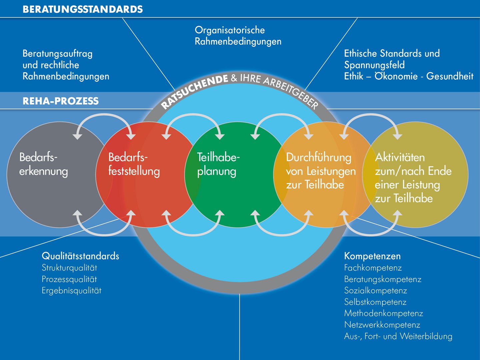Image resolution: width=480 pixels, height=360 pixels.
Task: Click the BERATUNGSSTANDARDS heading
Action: point(83,9)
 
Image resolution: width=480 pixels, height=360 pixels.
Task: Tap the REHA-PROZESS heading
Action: point(61,101)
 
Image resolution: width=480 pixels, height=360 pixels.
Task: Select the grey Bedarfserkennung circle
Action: point(60,174)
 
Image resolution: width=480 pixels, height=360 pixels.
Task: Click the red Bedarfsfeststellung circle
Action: point(149,174)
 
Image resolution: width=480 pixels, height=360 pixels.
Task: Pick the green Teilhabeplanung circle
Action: point(238,174)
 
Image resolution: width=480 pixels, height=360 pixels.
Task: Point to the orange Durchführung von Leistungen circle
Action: point(326,174)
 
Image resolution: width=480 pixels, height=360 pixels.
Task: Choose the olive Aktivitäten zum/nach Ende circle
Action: point(415,174)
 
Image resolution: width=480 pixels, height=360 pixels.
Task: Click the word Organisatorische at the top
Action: point(230,30)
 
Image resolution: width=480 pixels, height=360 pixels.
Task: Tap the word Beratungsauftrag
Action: point(58,54)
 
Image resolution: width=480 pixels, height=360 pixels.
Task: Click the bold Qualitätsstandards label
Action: point(80,256)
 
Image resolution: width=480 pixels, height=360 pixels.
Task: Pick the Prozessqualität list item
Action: point(69,279)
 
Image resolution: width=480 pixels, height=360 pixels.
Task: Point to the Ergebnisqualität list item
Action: point(72,291)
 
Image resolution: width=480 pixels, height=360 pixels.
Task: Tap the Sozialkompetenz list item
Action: point(375,290)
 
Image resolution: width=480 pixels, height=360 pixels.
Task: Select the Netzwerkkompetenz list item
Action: point(382,325)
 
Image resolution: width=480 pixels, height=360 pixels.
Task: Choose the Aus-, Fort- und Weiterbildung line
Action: point(398,336)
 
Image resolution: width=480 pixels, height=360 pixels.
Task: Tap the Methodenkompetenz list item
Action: point(383,313)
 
